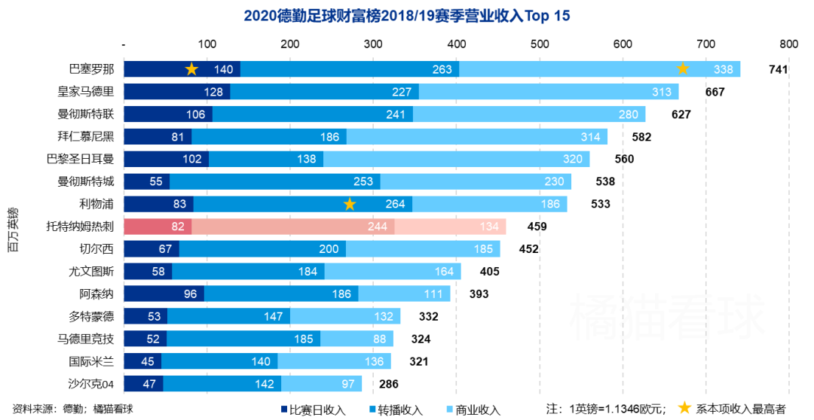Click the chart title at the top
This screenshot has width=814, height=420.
coord(407,15)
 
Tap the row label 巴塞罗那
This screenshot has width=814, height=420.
coord(91,69)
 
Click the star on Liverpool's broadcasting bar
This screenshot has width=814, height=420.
coord(350,204)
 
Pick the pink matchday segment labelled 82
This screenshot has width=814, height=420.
coord(158,227)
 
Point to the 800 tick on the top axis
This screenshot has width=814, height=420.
coord(788,44)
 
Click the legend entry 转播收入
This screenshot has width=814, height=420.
coord(396,409)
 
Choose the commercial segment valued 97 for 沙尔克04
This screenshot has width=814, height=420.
coord(347,384)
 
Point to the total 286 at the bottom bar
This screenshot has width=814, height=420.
coord(389,384)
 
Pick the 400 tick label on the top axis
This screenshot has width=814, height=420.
coord(456,44)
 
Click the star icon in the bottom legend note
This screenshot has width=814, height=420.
coord(685,408)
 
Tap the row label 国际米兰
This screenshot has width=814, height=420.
coord(91,361)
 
